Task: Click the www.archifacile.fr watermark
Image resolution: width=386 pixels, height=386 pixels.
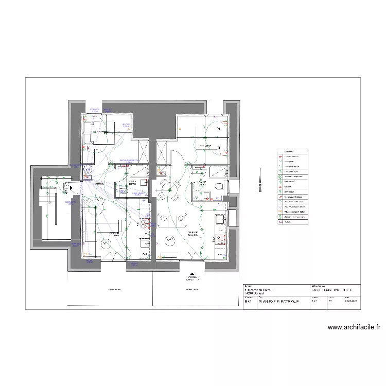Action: point(353,327)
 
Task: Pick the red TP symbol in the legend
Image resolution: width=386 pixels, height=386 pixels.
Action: point(281,156)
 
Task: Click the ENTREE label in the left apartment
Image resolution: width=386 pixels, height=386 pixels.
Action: point(99,183)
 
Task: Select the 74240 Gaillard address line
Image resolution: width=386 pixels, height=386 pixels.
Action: point(255,294)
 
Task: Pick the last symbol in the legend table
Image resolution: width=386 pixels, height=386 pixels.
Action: point(281,222)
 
